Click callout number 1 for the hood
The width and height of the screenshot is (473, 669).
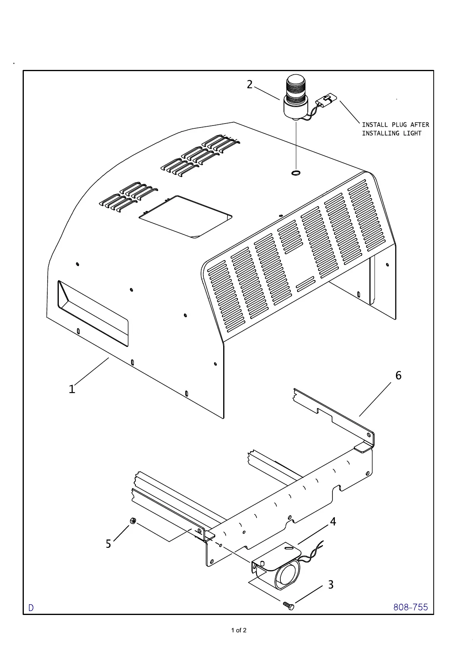[x=72, y=389]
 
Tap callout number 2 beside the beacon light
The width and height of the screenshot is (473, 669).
[x=249, y=85]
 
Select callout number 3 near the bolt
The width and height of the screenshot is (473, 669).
[x=331, y=584]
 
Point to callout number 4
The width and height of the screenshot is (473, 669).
[x=333, y=522]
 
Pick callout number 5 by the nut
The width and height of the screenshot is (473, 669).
[x=108, y=543]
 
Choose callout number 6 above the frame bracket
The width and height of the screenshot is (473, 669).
[x=398, y=375]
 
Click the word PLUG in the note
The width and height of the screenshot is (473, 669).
[x=399, y=125]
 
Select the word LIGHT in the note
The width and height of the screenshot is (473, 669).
[x=412, y=133]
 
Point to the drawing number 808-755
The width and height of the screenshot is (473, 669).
[x=411, y=607]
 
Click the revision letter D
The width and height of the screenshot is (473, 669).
[x=31, y=608]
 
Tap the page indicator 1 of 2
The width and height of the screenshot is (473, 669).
[x=239, y=630]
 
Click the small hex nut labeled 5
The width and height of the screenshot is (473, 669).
[x=133, y=521]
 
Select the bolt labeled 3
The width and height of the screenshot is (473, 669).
[x=289, y=605]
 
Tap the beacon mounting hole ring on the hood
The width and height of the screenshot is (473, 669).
[x=296, y=172]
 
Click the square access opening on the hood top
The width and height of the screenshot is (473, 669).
[x=185, y=217]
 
